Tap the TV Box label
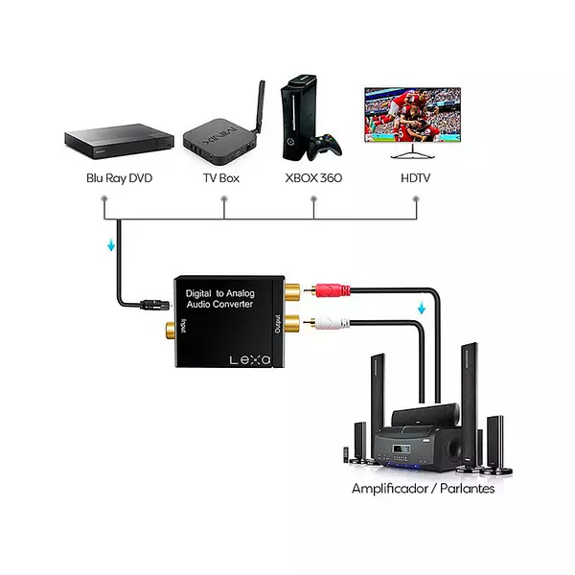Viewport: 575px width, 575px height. point(220,177)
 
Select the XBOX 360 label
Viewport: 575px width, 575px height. point(313,177)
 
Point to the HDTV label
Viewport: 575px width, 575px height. point(415,177)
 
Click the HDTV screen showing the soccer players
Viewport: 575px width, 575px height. point(413,114)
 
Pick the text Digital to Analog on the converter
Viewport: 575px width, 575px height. point(219,291)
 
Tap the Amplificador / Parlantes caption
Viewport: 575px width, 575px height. point(423,489)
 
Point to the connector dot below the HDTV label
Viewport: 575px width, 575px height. point(415,199)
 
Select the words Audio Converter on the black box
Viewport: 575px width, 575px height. point(219,304)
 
